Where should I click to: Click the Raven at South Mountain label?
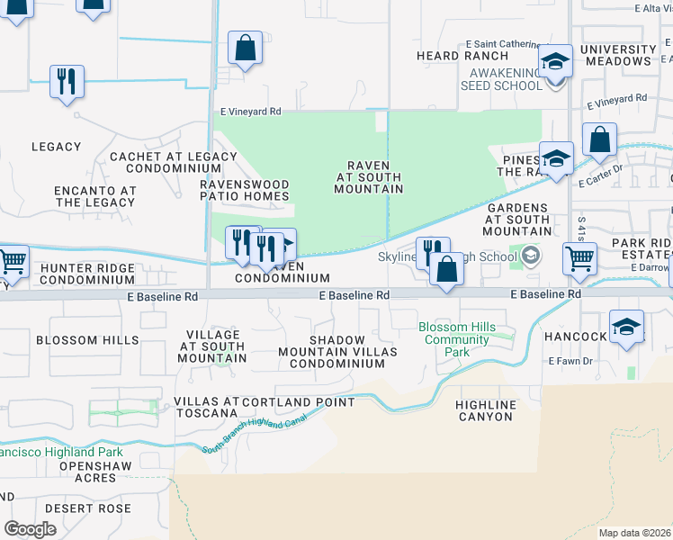[x=368, y=177]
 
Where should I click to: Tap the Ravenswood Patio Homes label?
[x=244, y=189]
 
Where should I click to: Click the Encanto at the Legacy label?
[x=95, y=196]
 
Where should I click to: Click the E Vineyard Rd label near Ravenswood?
[x=251, y=112]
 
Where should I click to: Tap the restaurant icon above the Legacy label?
[x=67, y=82]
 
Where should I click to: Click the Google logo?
[x=31, y=529]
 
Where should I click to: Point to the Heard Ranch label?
[x=450, y=56]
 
